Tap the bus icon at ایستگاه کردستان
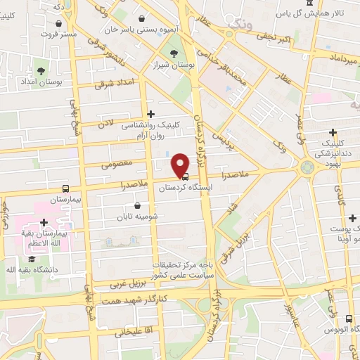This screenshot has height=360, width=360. point(184,177)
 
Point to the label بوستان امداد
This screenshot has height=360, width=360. point(43,82)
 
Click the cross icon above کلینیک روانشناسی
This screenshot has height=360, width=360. point(150,113)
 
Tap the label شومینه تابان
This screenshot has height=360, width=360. point(138,217)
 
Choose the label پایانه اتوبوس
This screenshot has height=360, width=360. point(330,329)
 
